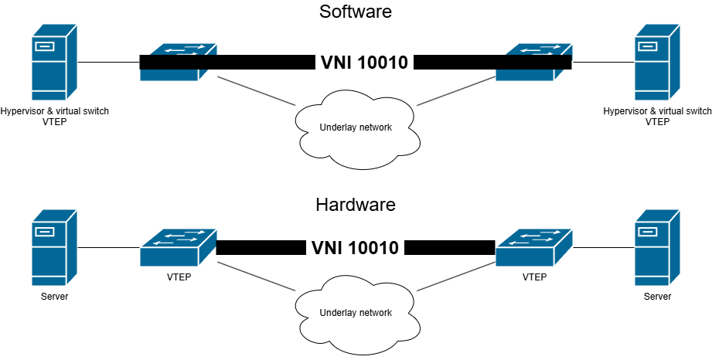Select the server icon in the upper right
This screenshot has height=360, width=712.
657,63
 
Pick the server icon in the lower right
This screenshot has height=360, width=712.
657,248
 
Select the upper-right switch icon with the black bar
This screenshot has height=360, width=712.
534,63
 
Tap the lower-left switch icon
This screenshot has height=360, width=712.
179,247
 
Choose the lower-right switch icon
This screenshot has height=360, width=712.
534,247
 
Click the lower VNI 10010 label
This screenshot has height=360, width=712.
355,248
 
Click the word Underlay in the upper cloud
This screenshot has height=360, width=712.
338,127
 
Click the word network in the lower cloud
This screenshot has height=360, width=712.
374,313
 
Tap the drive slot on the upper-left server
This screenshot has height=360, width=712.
44,46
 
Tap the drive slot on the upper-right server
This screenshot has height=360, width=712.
647,46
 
